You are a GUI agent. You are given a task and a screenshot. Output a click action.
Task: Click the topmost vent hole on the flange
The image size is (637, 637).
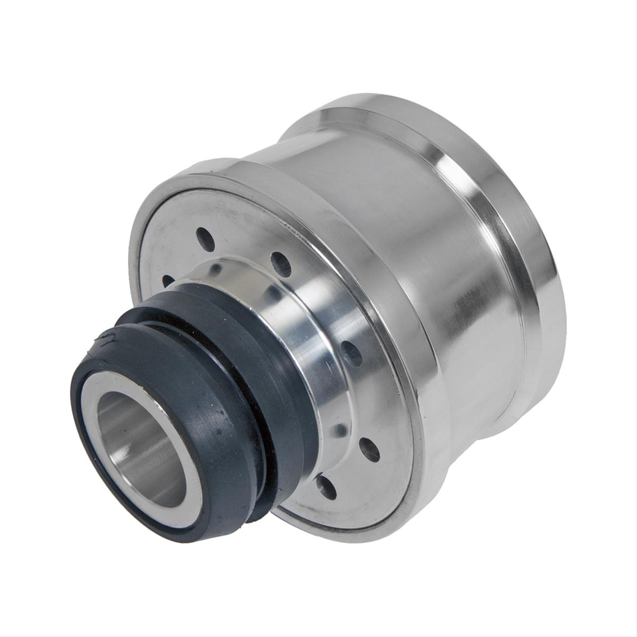204,234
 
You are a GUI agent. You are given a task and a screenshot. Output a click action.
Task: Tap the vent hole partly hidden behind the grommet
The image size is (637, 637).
168,280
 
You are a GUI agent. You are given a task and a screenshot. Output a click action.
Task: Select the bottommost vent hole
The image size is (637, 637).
325,488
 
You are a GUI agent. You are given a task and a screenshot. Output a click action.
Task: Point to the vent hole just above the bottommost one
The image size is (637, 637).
369,449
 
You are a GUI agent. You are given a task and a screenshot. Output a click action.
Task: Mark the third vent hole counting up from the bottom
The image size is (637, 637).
351,351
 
